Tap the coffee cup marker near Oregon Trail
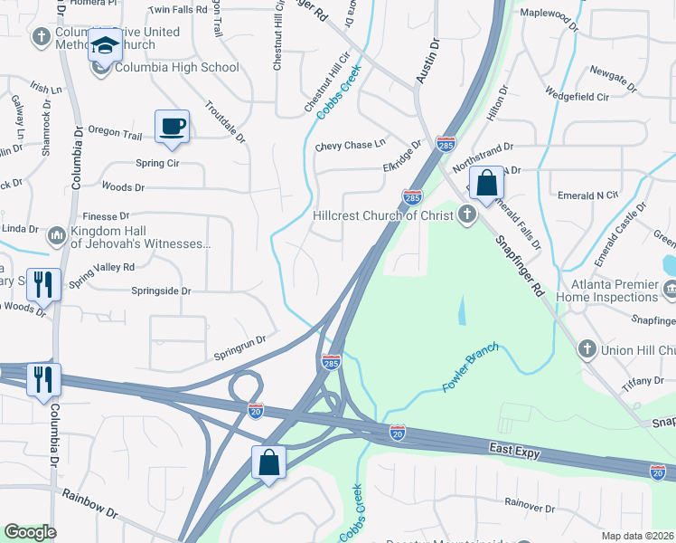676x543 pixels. coord(171,126)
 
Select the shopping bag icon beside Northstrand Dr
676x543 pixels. coord(485,183)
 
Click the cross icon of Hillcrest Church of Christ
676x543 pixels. coord(466,214)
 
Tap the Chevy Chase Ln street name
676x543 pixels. coord(350,145)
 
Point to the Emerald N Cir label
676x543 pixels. coord(587,195)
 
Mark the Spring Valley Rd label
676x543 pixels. coord(101,268)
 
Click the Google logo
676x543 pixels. coord(30,532)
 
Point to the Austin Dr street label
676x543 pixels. coord(427,62)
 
